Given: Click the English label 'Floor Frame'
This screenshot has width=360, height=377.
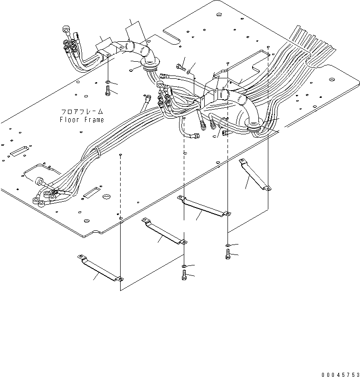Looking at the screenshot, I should click(x=81, y=120).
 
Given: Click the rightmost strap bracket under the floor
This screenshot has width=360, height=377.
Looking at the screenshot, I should click(x=255, y=175).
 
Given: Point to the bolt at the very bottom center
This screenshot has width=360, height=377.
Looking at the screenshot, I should click(x=184, y=275).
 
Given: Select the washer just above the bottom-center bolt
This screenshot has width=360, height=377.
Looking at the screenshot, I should click(x=184, y=264).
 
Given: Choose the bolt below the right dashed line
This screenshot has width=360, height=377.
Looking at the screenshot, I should click(x=227, y=254).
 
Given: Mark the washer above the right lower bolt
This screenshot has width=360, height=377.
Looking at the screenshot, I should click(x=227, y=245).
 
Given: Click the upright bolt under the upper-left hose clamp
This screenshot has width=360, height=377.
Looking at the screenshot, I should click(x=108, y=89).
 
